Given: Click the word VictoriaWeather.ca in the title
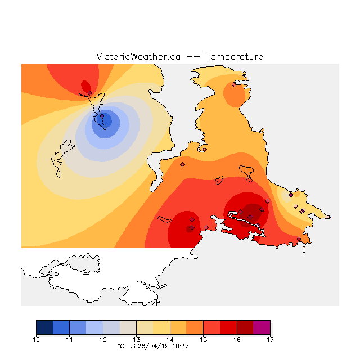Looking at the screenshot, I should click(x=138, y=57).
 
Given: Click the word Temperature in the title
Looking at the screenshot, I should click(x=234, y=57).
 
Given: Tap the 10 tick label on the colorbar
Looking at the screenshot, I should click(x=36, y=340).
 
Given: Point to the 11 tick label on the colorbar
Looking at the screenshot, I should click(x=69, y=340).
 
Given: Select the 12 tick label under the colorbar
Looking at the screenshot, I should click(x=103, y=340).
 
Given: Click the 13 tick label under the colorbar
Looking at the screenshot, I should click(x=136, y=340).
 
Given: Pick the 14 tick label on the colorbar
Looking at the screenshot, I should click(x=170, y=340).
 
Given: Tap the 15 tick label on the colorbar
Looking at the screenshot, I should click(x=203, y=340).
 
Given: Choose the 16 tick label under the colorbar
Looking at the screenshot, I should click(x=237, y=340).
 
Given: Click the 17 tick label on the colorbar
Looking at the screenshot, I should click(x=270, y=340).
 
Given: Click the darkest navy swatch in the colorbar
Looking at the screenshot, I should click(x=44, y=327).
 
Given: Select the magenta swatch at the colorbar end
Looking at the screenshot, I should click(x=262, y=327).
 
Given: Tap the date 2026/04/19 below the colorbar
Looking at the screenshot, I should click(x=149, y=346).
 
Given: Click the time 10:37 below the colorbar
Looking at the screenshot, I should click(x=180, y=346).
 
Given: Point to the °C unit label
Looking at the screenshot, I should click(x=121, y=346).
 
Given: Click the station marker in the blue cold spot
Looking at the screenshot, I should click(x=102, y=117).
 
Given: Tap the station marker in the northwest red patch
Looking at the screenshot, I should click(x=90, y=93).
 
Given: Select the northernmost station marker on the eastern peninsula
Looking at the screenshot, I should click(x=234, y=85).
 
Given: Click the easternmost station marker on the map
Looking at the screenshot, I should click(x=328, y=217).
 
